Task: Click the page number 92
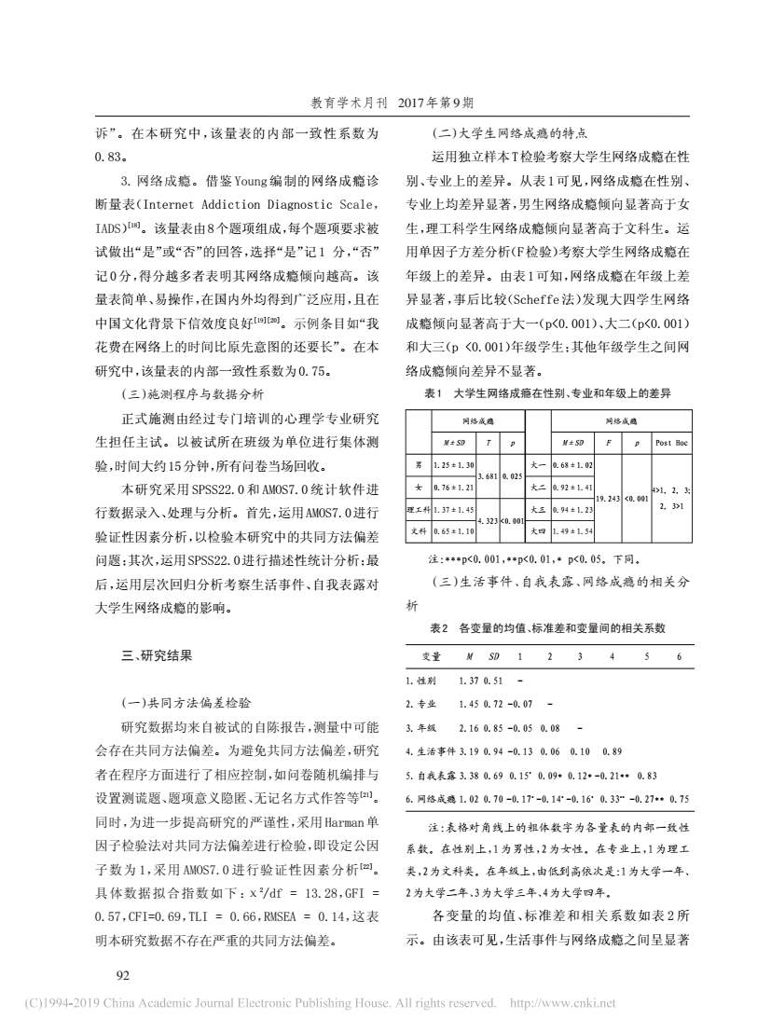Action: pyautogui.click(x=95, y=975)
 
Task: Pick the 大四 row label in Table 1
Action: pyautogui.click(x=538, y=530)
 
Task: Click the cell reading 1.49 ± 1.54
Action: pyautogui.click(x=573, y=530)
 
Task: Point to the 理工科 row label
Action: pyautogui.click(x=419, y=509)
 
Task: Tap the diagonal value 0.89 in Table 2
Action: pyautogui.click(x=612, y=750)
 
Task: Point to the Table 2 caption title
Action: pyautogui.click(x=549, y=628)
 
